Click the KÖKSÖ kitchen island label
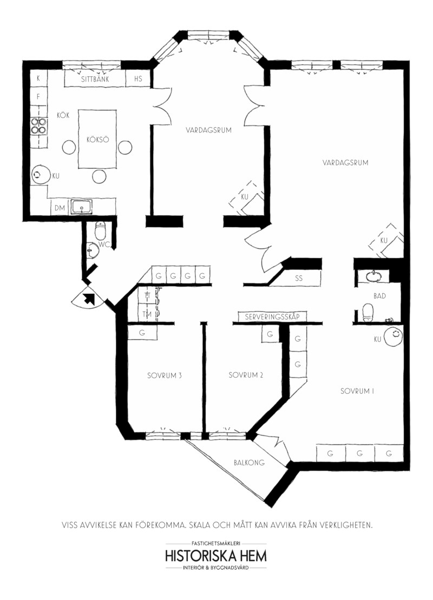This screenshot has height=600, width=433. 97,140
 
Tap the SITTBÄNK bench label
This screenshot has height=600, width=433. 95,79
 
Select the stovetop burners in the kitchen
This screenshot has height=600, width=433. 39,126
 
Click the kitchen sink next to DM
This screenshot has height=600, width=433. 82,207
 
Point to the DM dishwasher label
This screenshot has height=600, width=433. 60,208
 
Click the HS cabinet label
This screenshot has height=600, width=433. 138,78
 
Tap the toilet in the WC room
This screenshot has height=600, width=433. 100,230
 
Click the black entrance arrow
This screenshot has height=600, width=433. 90,298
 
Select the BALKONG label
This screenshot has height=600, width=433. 249,462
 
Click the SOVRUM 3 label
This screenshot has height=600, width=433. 164,375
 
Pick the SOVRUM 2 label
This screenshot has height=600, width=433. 246,375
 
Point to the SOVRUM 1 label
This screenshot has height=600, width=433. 357,391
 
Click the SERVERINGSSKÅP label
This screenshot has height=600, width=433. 272,317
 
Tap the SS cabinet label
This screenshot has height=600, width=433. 299,278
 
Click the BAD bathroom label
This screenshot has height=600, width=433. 379,296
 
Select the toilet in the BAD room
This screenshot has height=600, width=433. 368,312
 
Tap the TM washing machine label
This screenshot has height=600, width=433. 147,314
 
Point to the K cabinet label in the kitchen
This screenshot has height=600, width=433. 38,78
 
